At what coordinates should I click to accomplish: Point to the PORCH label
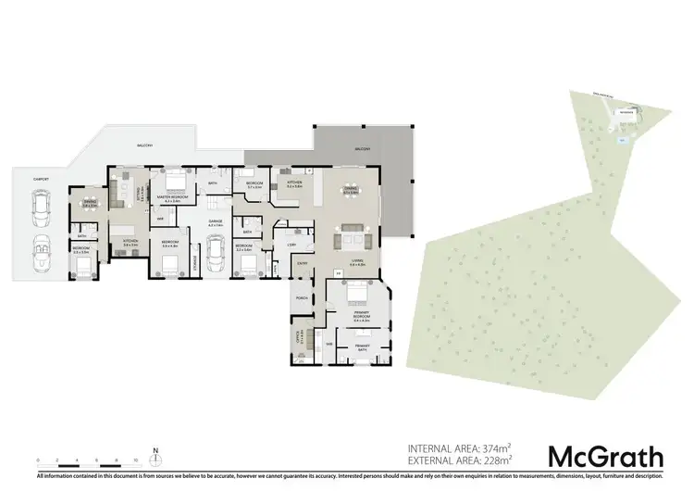click(x=302, y=298)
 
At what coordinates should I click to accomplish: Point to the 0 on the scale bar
click(x=38, y=460)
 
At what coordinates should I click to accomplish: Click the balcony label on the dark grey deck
click(x=362, y=148)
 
